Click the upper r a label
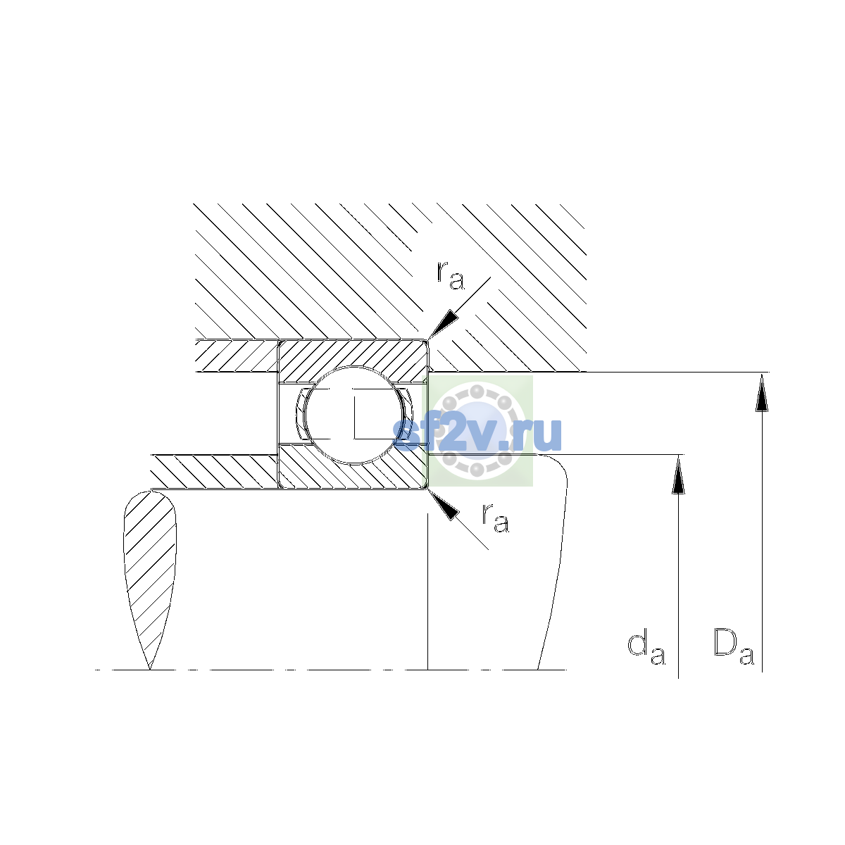point(451,275)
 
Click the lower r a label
point(496,518)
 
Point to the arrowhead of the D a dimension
point(762,392)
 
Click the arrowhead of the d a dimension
point(678,475)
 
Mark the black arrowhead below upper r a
point(442,323)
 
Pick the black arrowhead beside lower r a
point(443,505)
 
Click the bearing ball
point(354,415)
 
